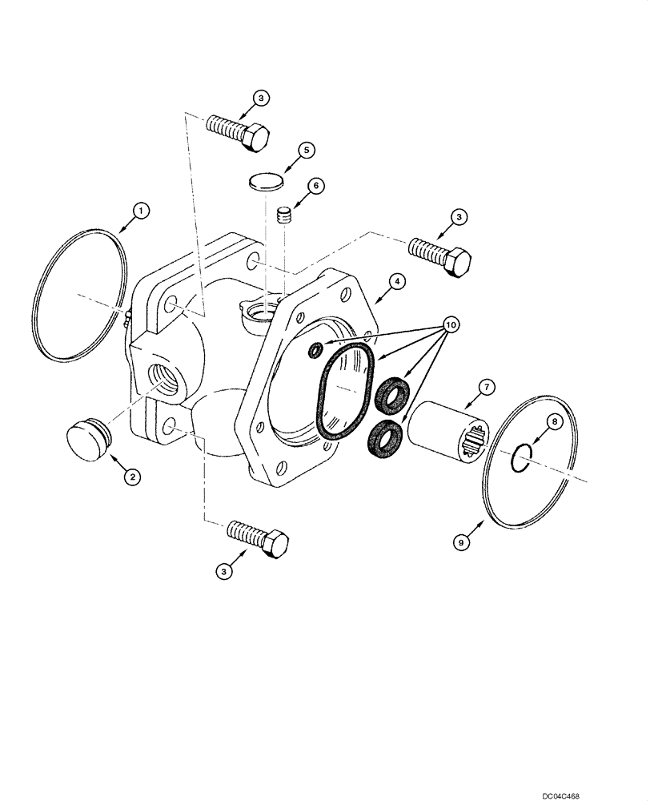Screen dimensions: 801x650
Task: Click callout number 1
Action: point(140,211)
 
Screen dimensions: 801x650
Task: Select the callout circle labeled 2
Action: point(132,476)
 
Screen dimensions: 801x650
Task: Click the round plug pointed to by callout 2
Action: point(86,439)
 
